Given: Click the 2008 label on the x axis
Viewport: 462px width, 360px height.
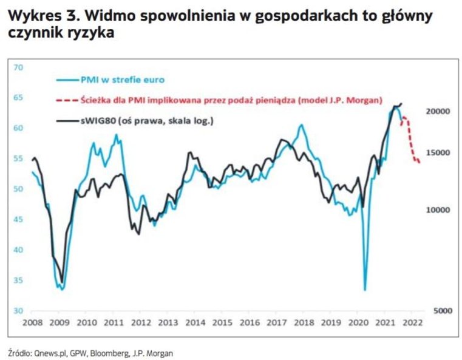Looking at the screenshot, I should click(x=32, y=322).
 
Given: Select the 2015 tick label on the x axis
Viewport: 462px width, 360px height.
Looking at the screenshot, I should click(x=222, y=322).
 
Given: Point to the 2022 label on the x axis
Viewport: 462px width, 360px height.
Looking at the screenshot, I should click(x=413, y=322).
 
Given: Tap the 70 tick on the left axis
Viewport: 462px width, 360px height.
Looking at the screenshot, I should click(x=18, y=66).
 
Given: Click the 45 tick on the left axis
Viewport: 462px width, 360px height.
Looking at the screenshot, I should click(x=18, y=220).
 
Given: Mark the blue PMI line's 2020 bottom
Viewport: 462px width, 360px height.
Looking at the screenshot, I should click(x=365, y=290).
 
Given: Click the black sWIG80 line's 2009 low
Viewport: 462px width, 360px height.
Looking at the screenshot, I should click(x=62, y=282).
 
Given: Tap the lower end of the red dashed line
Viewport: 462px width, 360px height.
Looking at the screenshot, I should click(x=420, y=161).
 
